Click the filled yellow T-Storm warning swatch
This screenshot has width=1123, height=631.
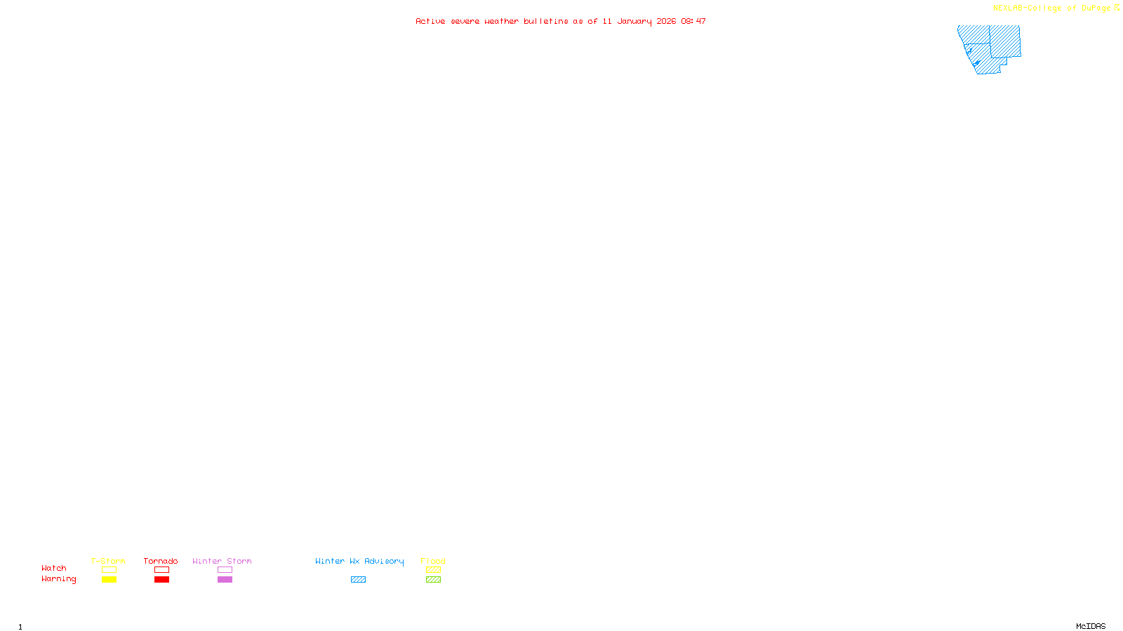(109, 580)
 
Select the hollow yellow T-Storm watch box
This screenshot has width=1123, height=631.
(109, 570)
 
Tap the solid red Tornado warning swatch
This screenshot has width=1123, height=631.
(161, 580)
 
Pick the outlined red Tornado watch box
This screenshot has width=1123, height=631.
(161, 570)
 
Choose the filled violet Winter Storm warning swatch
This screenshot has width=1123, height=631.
(225, 580)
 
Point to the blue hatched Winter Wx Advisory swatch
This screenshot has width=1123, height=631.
(358, 580)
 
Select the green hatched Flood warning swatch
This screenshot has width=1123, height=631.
(433, 580)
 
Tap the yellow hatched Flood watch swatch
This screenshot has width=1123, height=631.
(433, 570)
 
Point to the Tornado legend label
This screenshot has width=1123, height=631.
(161, 561)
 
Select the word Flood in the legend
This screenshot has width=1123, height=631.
(433, 561)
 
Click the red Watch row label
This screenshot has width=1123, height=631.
(54, 568)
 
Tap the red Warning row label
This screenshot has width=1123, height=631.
(58, 579)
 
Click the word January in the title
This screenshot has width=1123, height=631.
(634, 21)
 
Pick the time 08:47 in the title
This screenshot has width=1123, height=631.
(693, 21)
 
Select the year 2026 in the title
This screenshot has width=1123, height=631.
(667, 21)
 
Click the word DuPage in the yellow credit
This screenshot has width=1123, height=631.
(1096, 8)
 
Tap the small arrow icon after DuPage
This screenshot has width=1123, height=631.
(1117, 8)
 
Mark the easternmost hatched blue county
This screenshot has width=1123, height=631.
(1006, 41)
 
